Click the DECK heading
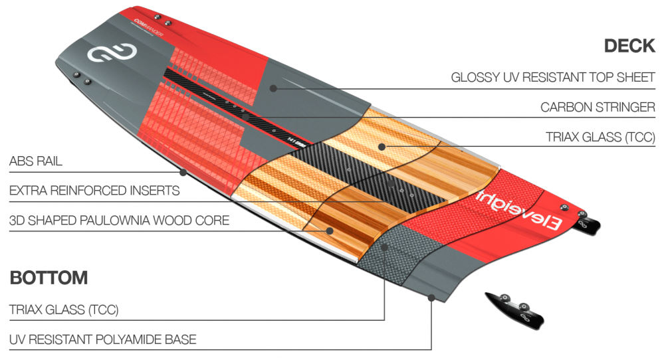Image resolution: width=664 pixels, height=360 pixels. tap(629, 46)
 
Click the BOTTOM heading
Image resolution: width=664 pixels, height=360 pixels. tap(49, 277)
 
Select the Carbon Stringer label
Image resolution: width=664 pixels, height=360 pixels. tap(598, 107)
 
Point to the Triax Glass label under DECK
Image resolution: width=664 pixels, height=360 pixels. tap(600, 137)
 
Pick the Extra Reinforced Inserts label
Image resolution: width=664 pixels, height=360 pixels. tap(94, 191)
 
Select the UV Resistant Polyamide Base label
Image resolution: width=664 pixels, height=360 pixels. tap(102, 339)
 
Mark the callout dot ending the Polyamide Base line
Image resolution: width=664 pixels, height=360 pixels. tap(431, 299)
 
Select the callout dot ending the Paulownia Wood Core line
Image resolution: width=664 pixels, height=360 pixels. tap(329, 230)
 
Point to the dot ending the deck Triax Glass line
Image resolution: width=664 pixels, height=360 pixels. tap(382, 145)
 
